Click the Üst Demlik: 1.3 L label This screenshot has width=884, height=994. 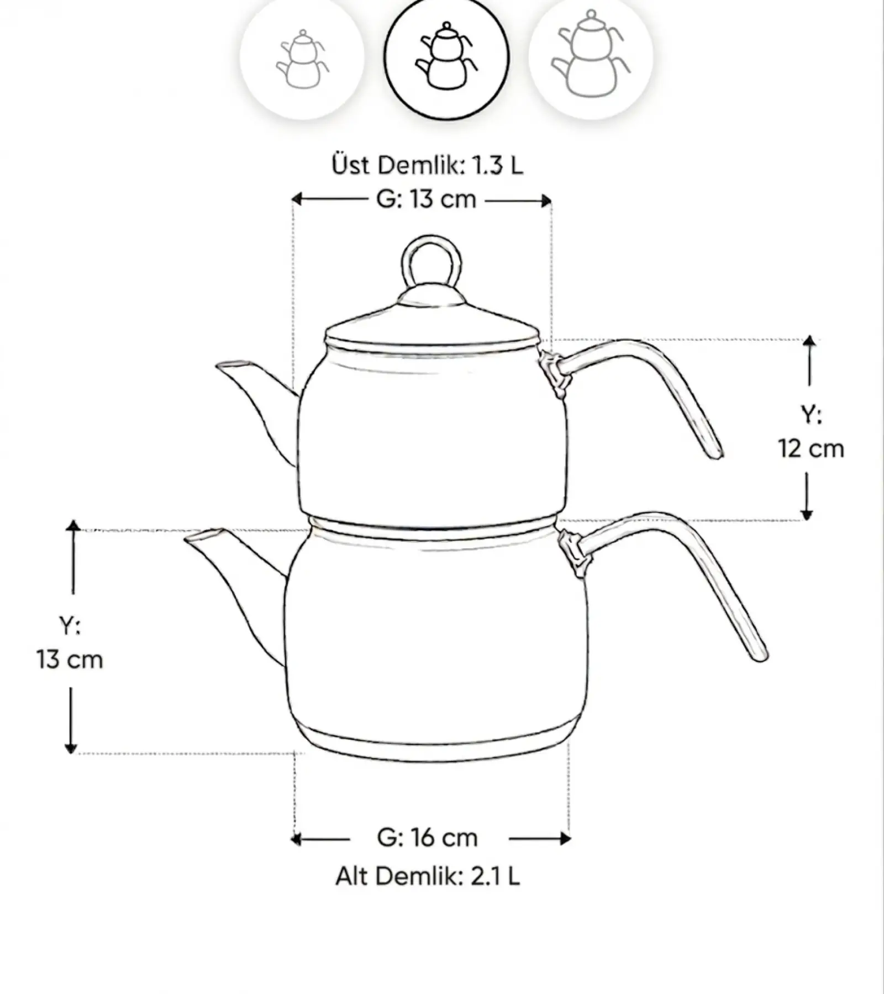427,165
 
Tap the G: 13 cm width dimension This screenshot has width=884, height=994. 426,199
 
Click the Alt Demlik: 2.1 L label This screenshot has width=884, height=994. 428,876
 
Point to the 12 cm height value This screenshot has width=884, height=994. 811,448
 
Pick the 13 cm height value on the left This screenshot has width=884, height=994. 70,660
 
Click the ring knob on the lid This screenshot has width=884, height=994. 432,265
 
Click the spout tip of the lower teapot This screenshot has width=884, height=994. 202,535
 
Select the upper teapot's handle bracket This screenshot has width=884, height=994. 554,371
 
